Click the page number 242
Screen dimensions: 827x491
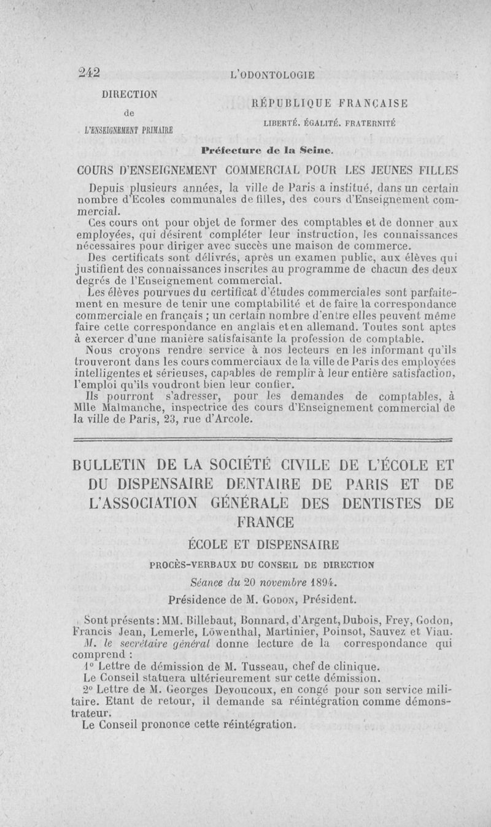tap(90, 72)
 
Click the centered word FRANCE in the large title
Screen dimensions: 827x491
tap(271, 523)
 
